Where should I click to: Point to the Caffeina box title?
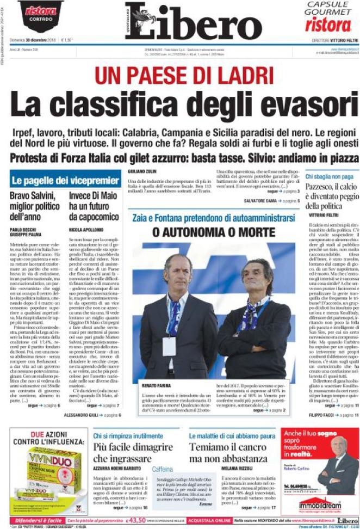[163, 468]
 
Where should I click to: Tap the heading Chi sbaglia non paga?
[328, 177]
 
